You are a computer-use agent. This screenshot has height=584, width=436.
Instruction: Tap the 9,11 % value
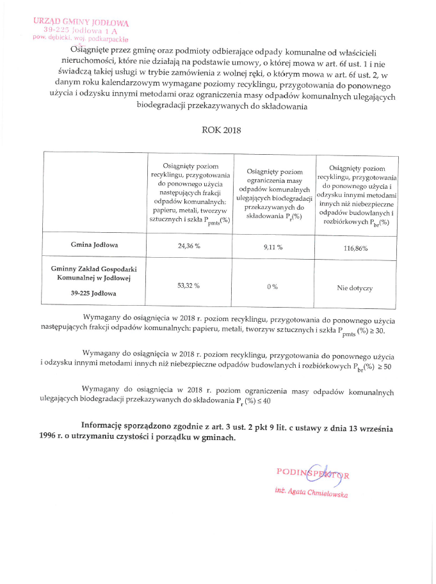pos(273,247)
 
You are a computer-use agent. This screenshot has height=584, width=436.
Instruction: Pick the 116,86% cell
pos(356,248)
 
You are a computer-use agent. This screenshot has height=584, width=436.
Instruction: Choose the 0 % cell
pos(272,287)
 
